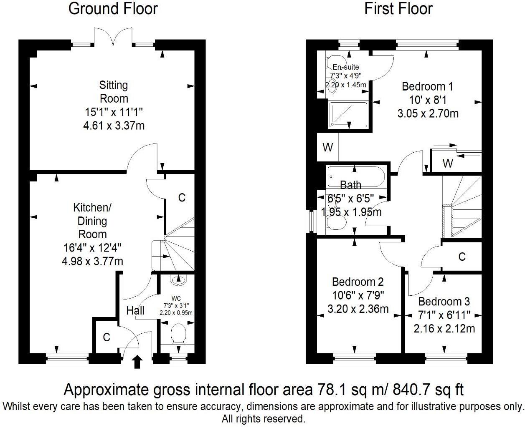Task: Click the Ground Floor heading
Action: (113, 9)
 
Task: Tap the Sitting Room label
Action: (114, 92)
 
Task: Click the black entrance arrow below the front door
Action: (137, 362)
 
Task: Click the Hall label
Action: (135, 310)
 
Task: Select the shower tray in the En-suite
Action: (348, 114)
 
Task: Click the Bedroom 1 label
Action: (427, 86)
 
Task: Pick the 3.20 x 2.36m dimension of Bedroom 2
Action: (358, 309)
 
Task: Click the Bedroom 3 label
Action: (444, 301)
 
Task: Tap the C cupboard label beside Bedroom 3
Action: (462, 257)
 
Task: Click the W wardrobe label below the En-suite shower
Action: (328, 147)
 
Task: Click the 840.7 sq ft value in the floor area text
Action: (429, 390)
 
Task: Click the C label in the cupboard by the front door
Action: (107, 337)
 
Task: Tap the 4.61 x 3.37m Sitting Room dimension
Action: (114, 125)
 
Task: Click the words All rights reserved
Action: (263, 419)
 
